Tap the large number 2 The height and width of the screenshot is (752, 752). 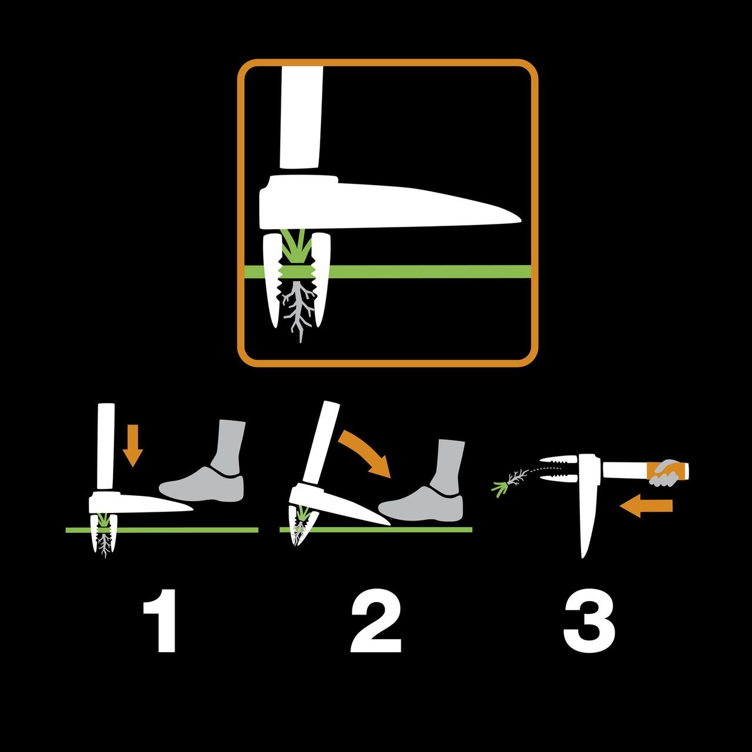pos(376,621)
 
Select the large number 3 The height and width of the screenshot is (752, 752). pos(589,621)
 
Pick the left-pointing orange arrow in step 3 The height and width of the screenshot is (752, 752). pos(646,506)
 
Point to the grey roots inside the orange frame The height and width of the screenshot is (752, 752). pos(298,310)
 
